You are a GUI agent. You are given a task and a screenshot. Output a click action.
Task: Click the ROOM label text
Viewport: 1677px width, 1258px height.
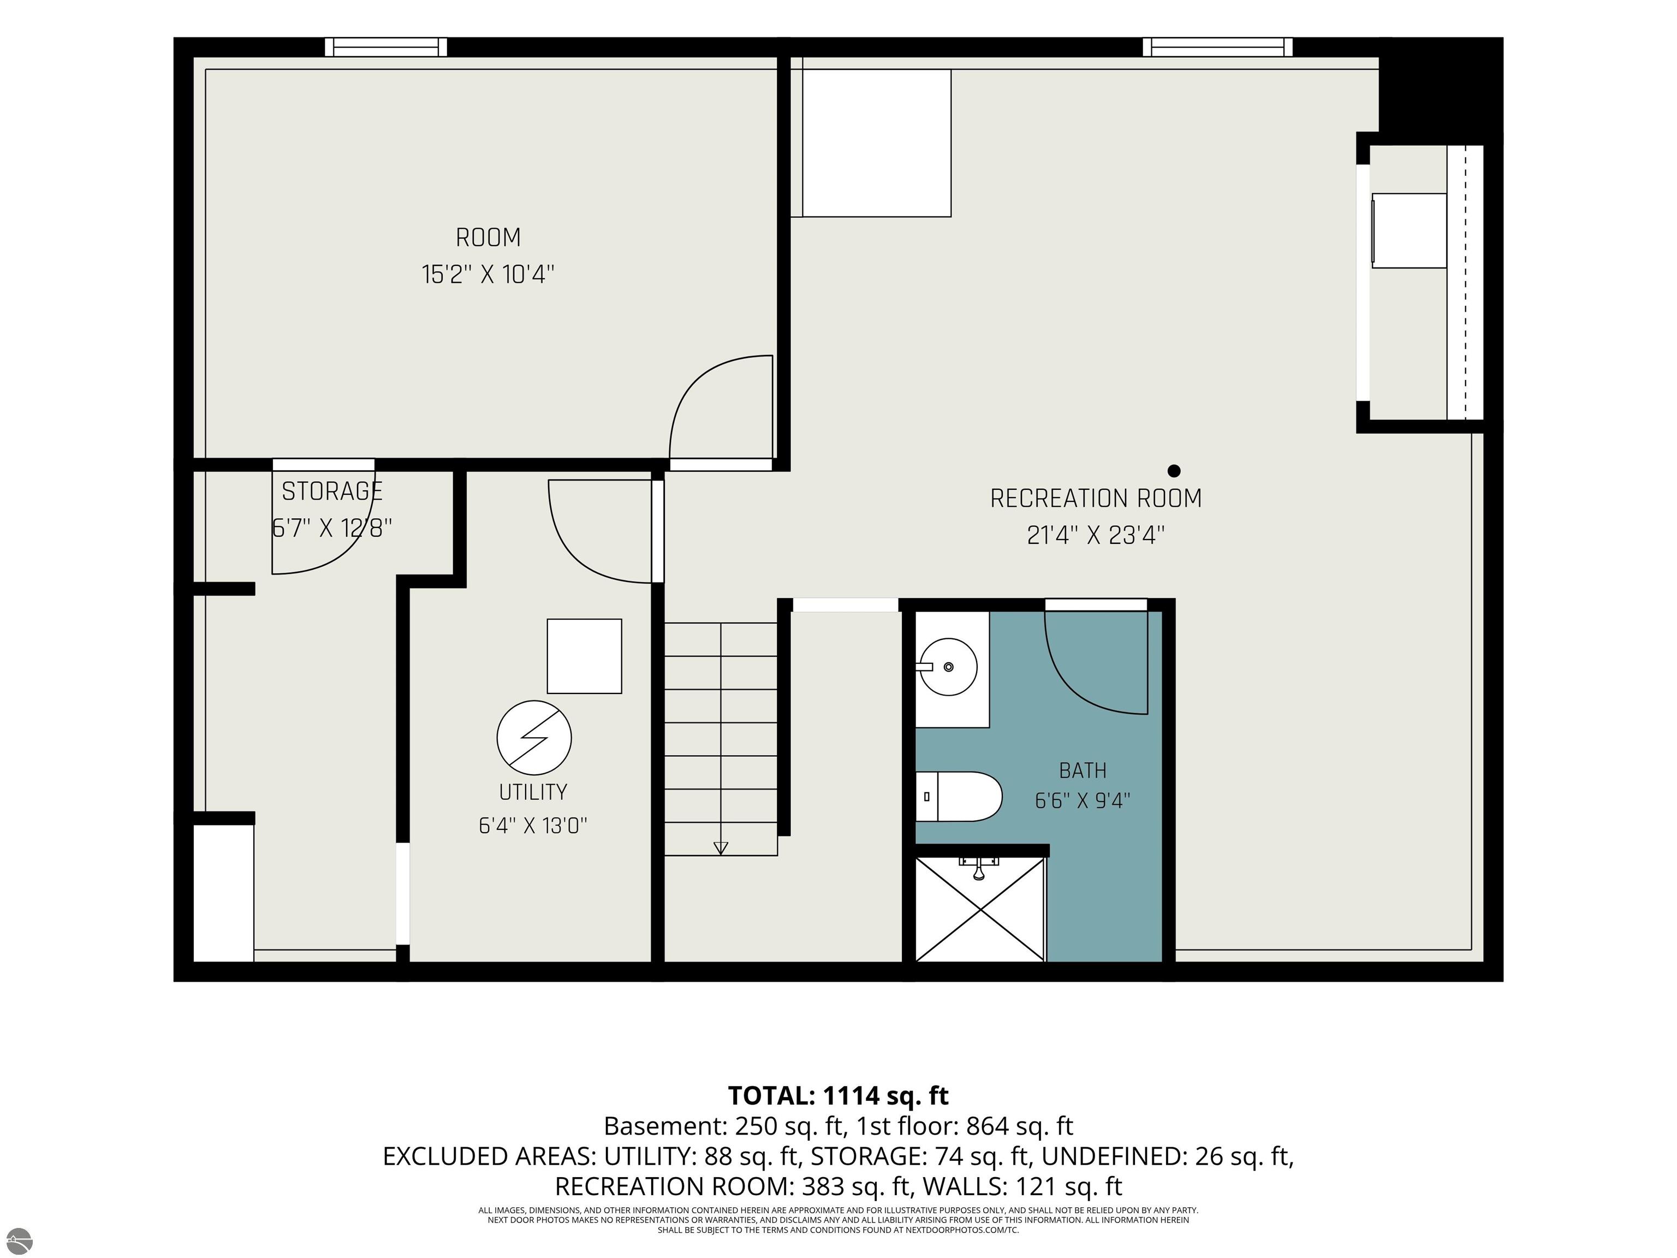click(488, 238)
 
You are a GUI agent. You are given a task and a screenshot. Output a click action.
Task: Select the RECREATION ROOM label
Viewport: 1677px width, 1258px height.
click(1096, 499)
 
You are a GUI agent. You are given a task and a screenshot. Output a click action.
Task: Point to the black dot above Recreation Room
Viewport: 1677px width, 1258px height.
click(1174, 471)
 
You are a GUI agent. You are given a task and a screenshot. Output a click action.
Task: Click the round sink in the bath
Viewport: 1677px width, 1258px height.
click(948, 667)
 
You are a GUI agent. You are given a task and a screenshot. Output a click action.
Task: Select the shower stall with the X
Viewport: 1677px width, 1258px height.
click(979, 909)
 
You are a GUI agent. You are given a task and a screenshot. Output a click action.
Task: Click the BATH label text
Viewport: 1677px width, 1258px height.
click(1083, 771)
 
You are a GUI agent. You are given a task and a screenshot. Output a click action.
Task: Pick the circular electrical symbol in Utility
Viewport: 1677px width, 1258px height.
click(534, 738)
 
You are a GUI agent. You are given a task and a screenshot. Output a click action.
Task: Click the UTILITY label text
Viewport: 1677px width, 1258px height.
click(533, 792)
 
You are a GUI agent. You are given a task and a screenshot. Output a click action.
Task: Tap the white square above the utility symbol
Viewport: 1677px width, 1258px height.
click(585, 656)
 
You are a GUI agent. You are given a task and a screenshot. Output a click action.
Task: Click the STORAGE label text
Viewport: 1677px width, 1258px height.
click(332, 492)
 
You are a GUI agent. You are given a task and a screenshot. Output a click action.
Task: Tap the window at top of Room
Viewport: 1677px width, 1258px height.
click(386, 47)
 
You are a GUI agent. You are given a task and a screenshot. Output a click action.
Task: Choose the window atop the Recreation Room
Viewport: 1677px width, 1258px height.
click(1217, 47)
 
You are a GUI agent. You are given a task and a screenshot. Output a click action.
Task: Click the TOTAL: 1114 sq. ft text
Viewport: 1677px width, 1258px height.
click(838, 1096)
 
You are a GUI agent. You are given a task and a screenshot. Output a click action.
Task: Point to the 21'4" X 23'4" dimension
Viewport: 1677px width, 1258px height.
click(1096, 535)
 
